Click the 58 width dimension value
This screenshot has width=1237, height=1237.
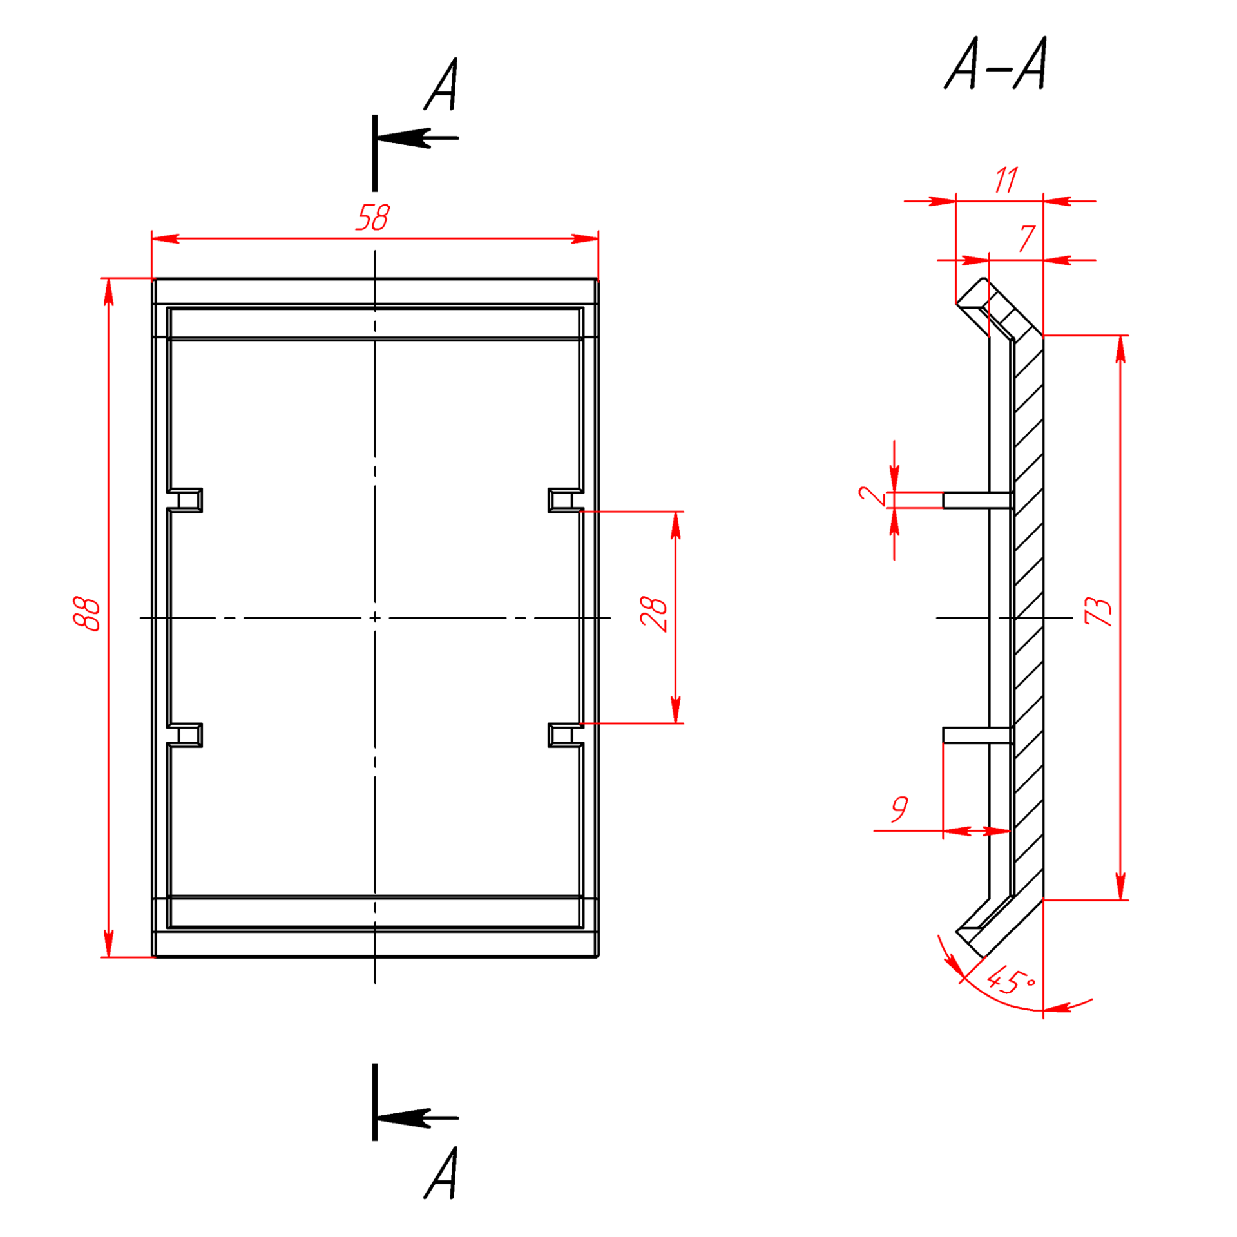tap(372, 217)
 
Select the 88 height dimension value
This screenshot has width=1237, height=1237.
tap(86, 614)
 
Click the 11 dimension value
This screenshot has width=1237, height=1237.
tap(1006, 180)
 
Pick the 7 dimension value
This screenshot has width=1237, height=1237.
tap(1027, 238)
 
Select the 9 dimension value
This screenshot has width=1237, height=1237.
tap(899, 809)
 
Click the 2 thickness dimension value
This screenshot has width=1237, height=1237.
tap(872, 495)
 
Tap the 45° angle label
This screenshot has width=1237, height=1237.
tap(1011, 982)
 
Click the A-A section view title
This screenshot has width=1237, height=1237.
tap(996, 62)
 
